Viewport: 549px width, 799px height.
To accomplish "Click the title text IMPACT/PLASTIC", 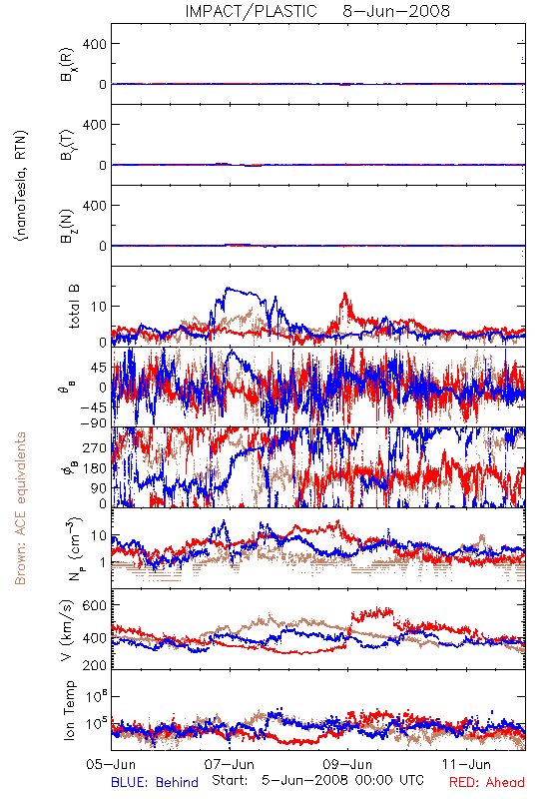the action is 251,11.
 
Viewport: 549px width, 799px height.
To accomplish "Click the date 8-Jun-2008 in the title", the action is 396,11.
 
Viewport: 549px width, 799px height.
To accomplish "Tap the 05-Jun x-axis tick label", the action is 111,764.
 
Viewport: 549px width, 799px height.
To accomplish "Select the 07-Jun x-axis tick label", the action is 230,764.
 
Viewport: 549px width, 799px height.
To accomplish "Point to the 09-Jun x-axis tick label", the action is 347,764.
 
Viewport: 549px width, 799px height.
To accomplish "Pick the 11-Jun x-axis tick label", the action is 466,764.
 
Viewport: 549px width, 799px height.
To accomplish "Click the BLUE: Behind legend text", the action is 155,782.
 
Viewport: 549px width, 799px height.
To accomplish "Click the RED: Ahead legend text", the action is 487,782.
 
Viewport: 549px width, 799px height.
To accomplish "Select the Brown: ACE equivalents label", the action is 20,508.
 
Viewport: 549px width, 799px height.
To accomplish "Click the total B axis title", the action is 74,306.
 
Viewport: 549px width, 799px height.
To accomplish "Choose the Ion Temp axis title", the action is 69,710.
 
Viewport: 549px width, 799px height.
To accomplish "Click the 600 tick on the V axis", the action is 95,606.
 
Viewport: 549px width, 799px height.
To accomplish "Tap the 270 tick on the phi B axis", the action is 95,447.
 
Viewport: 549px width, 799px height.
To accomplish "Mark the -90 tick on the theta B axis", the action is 93,422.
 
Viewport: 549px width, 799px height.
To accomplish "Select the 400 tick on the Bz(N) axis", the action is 95,206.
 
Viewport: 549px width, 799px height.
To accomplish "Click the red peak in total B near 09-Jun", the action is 345,294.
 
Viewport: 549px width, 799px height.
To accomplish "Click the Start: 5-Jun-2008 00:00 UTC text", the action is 317,780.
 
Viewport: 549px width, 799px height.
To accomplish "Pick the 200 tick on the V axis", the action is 95,665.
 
